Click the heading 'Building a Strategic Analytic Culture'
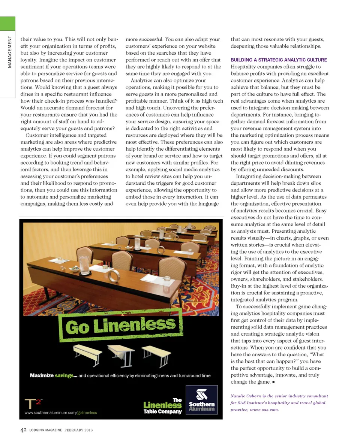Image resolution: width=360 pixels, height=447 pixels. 279,60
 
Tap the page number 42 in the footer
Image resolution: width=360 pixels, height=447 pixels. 23,430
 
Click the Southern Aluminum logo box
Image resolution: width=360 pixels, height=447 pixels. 202,399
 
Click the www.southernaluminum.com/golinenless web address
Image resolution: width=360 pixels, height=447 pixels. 60,413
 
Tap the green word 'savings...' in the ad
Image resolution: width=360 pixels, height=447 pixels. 66,375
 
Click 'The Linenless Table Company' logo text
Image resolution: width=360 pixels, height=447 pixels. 162,406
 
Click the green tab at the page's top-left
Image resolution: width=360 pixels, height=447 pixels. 7,24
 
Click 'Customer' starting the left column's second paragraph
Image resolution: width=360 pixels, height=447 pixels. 40,135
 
